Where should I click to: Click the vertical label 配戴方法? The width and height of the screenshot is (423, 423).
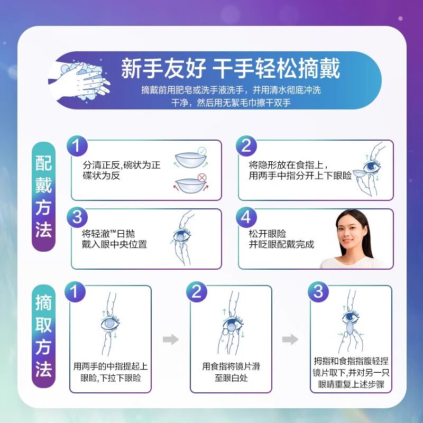click(x=44, y=196)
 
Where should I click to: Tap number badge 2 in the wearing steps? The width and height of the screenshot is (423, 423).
click(x=246, y=146)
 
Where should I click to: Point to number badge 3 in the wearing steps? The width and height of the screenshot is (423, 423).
click(x=77, y=216)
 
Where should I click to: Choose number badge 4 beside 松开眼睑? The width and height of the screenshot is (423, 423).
click(x=246, y=216)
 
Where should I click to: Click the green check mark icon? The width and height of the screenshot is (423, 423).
click(x=201, y=152)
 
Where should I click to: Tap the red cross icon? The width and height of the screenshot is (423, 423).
click(x=201, y=178)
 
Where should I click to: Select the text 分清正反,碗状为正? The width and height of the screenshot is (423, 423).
click(x=122, y=164)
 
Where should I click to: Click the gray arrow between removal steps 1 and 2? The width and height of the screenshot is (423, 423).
click(x=170, y=339)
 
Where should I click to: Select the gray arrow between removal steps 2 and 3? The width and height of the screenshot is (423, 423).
click(x=290, y=339)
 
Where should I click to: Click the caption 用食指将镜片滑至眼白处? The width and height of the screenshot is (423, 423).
click(x=231, y=372)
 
